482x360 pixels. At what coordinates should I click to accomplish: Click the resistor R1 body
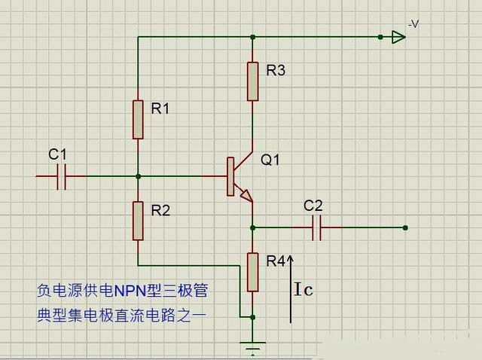click(x=138, y=119)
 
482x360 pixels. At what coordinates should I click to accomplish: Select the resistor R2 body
click(x=138, y=220)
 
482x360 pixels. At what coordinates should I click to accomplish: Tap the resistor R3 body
click(x=253, y=80)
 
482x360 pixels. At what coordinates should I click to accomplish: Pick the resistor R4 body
click(x=253, y=272)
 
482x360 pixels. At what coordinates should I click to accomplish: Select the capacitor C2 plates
click(x=316, y=227)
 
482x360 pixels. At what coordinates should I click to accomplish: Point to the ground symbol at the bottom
click(x=253, y=346)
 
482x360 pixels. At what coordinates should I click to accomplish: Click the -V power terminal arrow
click(x=398, y=36)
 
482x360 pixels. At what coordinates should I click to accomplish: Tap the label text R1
click(x=160, y=108)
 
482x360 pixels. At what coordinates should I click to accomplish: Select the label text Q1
click(x=270, y=160)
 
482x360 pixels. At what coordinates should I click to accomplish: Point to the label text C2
click(x=313, y=206)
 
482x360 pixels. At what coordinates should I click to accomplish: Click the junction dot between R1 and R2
click(x=138, y=176)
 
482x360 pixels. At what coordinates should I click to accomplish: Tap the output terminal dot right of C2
click(x=405, y=227)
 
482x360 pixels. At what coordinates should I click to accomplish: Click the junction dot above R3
click(x=253, y=36)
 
